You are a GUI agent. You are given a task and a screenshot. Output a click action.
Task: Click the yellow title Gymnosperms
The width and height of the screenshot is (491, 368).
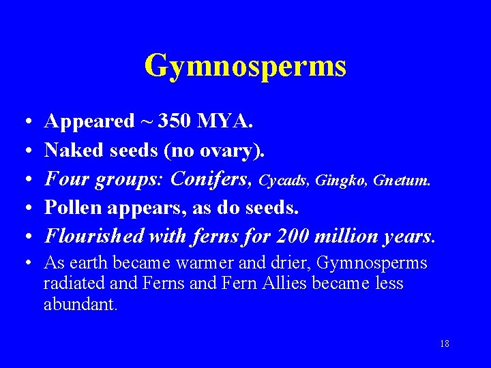245,66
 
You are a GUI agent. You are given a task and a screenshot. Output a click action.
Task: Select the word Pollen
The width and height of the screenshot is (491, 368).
70,207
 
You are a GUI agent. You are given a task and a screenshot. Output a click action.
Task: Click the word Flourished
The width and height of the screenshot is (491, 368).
93,236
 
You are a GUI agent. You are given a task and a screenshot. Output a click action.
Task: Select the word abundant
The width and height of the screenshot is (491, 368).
80,304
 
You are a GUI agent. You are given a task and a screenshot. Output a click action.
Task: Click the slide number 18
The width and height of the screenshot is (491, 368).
445,343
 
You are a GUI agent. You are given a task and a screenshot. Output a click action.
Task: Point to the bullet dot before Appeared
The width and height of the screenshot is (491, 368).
24,122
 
